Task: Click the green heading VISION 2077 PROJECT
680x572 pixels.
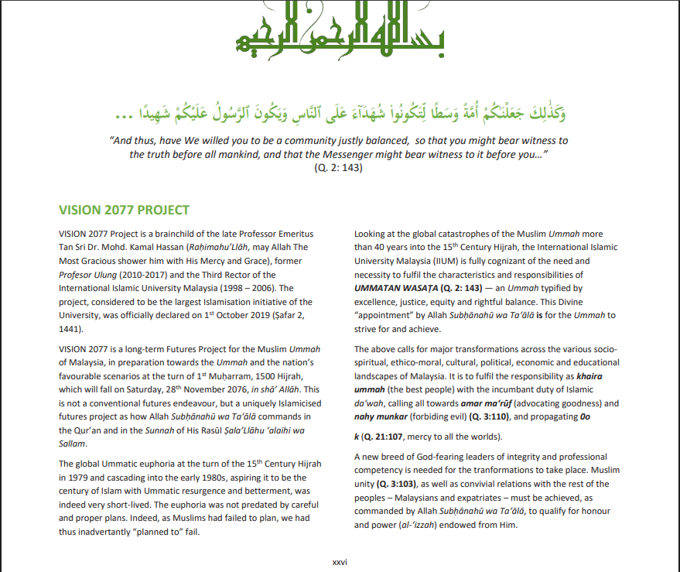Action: tap(124, 210)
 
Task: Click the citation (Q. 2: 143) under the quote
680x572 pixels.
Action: tap(340, 168)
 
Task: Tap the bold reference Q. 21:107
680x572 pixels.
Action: tap(384, 437)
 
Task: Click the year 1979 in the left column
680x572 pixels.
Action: tap(70, 478)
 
